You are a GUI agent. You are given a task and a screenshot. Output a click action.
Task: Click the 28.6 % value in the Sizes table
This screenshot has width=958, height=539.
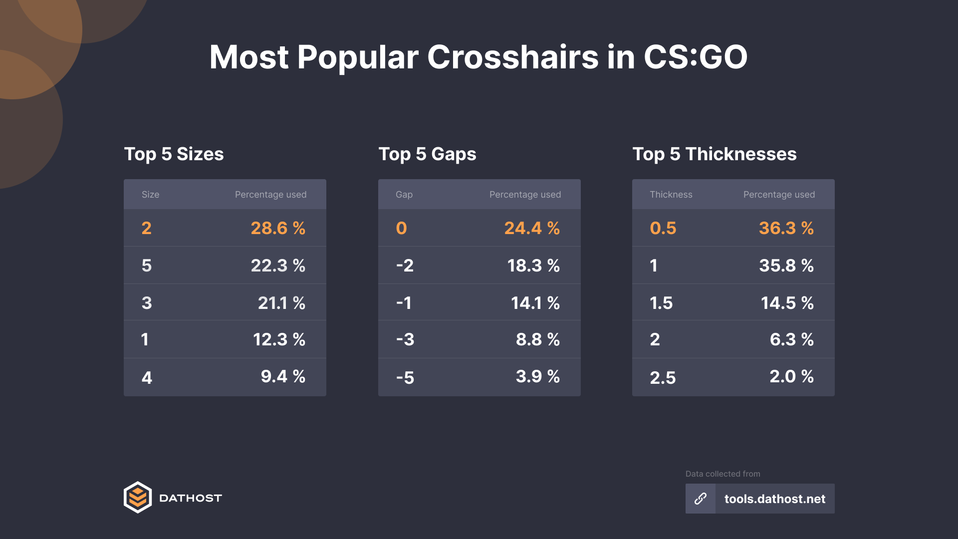click(278, 228)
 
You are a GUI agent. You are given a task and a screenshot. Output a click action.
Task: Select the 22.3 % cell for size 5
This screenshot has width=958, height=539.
click(278, 266)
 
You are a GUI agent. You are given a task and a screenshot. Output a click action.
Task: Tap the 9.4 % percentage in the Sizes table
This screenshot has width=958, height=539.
click(283, 376)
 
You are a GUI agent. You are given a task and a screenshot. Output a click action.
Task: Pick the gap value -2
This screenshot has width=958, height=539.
click(405, 266)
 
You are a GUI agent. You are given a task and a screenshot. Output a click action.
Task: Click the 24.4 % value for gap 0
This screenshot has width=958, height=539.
click(532, 228)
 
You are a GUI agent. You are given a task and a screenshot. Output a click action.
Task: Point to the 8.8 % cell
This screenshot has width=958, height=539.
click(537, 339)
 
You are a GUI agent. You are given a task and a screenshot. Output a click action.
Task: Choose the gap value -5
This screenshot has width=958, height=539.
click(405, 377)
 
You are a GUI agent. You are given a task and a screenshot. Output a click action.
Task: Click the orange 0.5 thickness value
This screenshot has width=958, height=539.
click(663, 228)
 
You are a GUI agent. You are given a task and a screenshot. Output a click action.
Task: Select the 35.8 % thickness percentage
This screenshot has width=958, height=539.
click(786, 266)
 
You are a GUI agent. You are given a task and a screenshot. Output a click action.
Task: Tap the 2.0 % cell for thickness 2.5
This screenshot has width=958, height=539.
click(791, 376)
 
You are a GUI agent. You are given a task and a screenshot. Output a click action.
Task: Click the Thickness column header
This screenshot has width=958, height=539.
click(671, 195)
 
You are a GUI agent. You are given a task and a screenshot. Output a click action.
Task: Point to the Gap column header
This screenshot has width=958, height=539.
click(404, 195)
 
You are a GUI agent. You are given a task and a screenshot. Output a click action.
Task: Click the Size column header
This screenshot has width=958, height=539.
click(150, 195)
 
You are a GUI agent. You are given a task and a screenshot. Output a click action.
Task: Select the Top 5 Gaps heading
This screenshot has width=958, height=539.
click(427, 154)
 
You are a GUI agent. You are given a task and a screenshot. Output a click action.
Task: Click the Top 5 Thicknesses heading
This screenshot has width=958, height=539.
click(714, 154)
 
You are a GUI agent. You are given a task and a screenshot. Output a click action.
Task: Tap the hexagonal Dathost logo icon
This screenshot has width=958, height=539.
click(138, 498)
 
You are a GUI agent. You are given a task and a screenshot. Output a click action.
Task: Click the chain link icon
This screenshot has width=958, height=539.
click(701, 499)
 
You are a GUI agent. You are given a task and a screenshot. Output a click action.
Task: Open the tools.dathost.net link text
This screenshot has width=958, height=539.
click(774, 499)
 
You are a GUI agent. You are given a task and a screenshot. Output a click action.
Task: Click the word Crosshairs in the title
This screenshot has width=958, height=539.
click(512, 57)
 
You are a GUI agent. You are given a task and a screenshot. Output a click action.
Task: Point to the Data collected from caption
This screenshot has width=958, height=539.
click(722, 474)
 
